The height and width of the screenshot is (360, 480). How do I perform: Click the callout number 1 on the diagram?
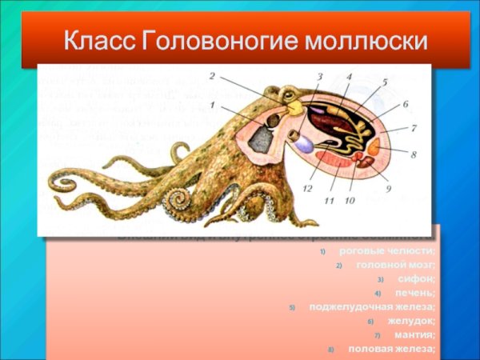[212, 105]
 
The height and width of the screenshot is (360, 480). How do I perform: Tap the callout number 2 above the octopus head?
[212, 77]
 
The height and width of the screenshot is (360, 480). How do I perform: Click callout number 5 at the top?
[384, 82]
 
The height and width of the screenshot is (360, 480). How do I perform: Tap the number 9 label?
[388, 189]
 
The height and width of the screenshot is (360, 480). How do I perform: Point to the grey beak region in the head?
[261, 140]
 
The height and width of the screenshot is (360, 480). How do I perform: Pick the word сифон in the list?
[417, 278]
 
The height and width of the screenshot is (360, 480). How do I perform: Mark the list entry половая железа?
[392, 349]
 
